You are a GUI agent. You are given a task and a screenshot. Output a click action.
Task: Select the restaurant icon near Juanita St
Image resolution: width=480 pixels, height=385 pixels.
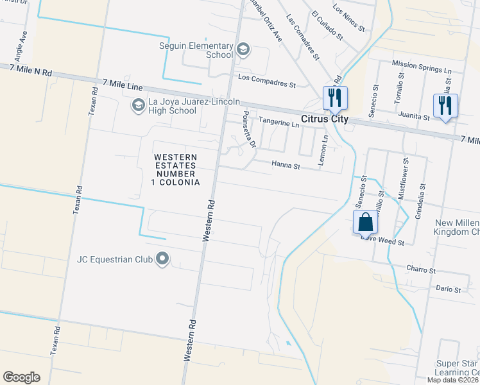[445, 105]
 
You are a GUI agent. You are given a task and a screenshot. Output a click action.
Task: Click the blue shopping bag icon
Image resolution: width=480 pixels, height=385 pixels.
[365, 222]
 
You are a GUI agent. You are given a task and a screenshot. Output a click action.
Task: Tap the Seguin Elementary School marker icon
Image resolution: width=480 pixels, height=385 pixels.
[243, 49]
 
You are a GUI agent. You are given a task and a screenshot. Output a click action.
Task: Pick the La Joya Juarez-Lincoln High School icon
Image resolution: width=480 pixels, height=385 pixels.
[138, 105]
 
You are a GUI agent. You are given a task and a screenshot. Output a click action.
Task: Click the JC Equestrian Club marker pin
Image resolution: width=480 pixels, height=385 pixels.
[162, 259]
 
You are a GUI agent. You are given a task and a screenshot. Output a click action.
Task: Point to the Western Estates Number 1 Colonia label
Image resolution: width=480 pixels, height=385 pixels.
[175, 170]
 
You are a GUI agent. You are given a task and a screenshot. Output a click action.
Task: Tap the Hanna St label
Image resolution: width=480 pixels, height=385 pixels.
[286, 166]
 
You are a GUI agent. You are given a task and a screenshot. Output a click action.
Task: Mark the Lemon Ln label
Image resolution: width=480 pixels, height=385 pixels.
[325, 147]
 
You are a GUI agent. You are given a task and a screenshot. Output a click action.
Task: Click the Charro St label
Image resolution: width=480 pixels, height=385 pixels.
[421, 270]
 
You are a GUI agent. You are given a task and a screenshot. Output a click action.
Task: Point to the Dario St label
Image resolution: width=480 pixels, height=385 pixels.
[449, 290]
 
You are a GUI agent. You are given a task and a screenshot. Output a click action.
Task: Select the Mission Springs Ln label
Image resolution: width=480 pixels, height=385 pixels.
[422, 66]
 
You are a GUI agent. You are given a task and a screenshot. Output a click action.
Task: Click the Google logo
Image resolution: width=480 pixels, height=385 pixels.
[21, 377]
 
